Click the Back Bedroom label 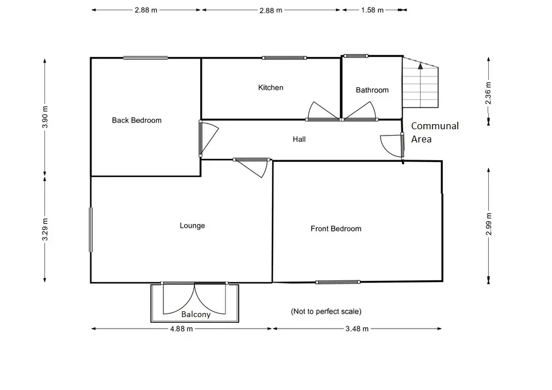point(137,120)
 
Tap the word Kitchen point(270,87)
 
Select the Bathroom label point(372,90)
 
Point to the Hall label point(299,139)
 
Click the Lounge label point(192,225)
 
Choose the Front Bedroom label point(336,229)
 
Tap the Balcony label point(195,314)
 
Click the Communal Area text point(435,133)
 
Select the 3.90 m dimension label point(45,117)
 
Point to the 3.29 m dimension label point(45,230)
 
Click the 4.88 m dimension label point(181,329)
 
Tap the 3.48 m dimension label point(357,329)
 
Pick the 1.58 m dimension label point(372,10)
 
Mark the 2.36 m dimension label point(488,93)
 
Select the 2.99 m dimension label point(488,224)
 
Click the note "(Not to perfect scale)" point(326,311)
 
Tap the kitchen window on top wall point(284,57)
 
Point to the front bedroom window point(338,282)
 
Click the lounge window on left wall point(91,230)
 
